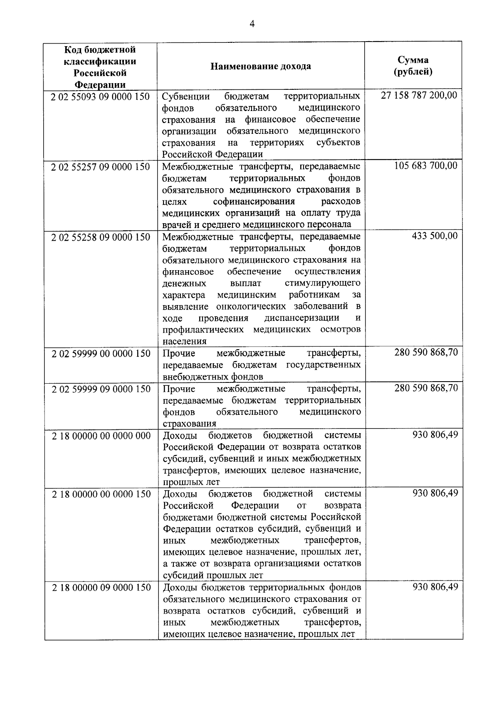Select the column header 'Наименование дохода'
[x=261, y=67]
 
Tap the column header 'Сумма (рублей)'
[x=413, y=66]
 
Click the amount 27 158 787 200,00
[x=419, y=95]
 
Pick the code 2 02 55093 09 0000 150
[x=100, y=97]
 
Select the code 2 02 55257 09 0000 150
[x=100, y=167]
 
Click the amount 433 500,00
[x=435, y=236]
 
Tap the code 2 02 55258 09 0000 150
[x=100, y=237]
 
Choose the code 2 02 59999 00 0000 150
[x=101, y=354]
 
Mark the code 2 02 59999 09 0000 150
[x=101, y=389]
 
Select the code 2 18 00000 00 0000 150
[x=101, y=494]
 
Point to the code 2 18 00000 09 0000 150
[x=101, y=587]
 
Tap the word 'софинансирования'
[x=254, y=202]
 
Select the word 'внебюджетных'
[x=189, y=377]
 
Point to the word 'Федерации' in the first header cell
[x=100, y=85]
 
